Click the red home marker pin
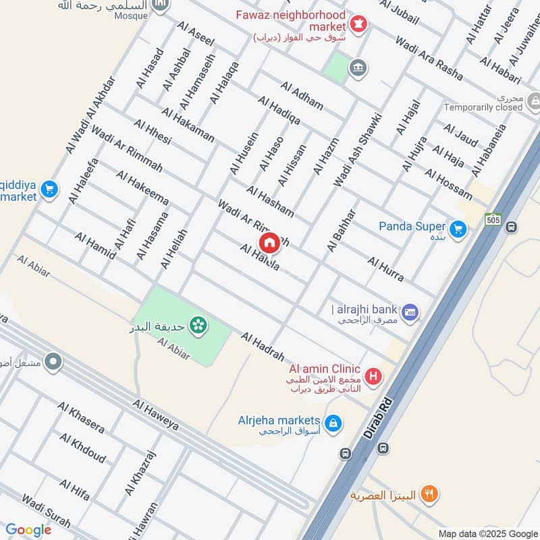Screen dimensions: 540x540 tap(270, 242)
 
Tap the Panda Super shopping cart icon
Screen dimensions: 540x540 tap(458, 230)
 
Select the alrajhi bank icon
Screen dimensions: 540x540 tap(410, 313)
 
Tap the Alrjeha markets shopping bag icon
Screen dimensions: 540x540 tap(331, 423)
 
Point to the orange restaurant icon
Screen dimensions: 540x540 tap(428, 495)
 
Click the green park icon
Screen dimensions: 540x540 tap(198, 325)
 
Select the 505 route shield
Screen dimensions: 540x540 tap(493, 219)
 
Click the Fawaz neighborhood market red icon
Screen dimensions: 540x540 tap(358, 24)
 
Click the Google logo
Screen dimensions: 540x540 tap(28, 530)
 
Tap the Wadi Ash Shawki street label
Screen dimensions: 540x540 tap(358, 150)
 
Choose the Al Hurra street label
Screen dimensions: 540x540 tap(385, 269)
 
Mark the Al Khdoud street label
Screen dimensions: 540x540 tap(82, 448)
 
